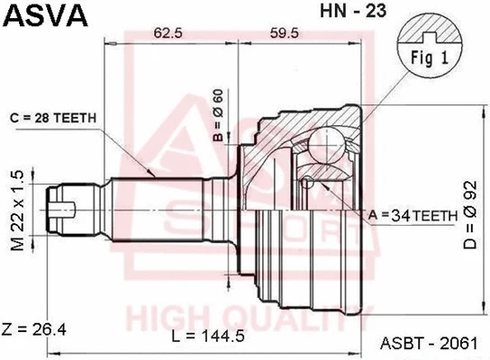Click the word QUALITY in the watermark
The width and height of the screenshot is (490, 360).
[275, 317]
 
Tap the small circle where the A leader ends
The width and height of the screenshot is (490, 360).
[309, 182]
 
